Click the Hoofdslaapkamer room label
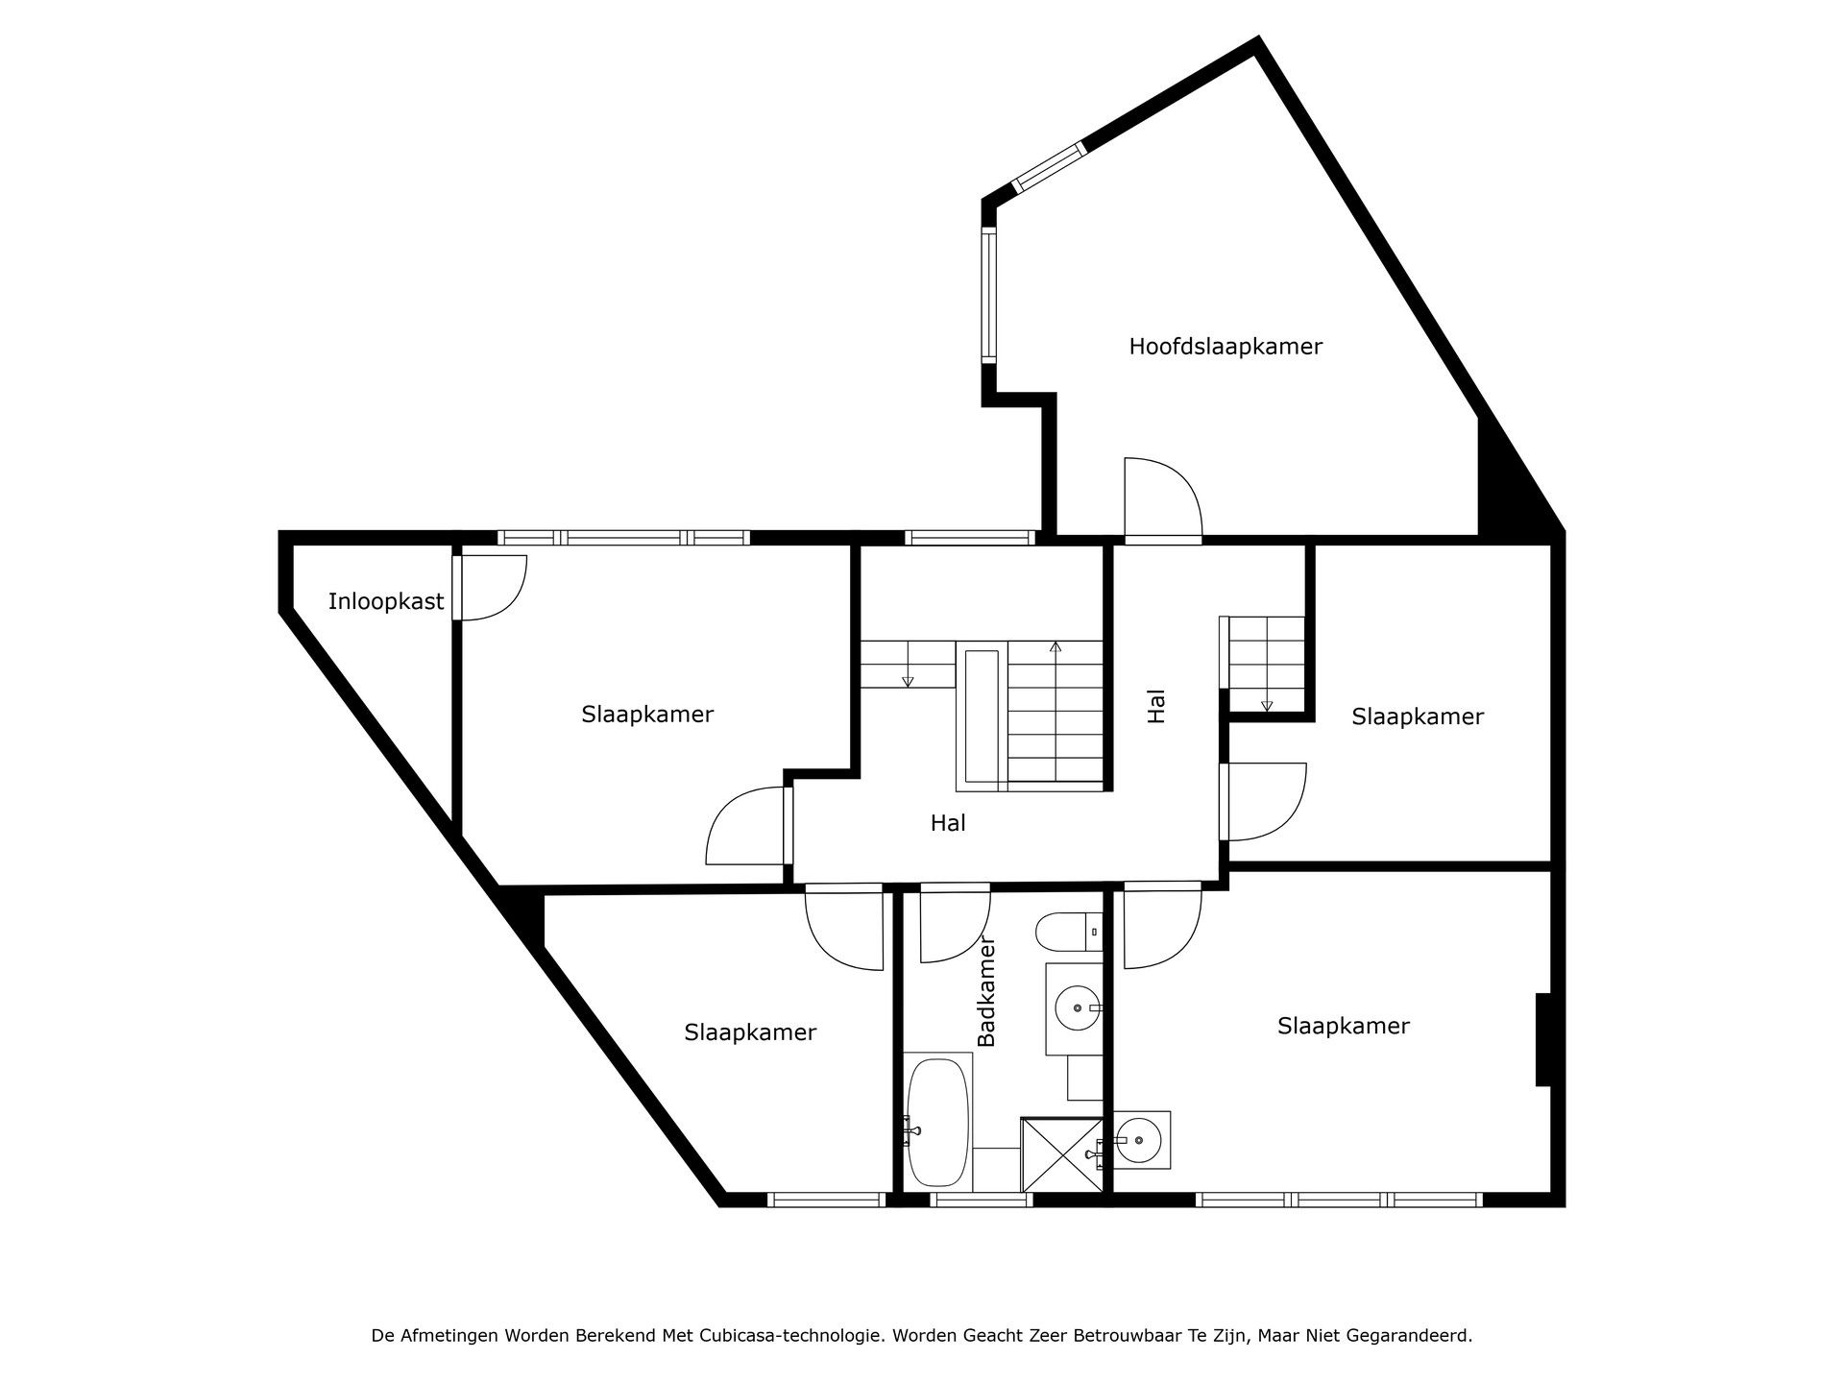[1225, 347]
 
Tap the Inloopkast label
[386, 602]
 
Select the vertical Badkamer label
[986, 991]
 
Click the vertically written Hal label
[1156, 706]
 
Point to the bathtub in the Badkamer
[937, 1122]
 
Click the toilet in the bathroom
[1066, 932]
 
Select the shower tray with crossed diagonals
[1061, 1155]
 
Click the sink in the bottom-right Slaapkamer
[1140, 1140]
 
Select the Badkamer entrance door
[954, 924]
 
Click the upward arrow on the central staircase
[1055, 647]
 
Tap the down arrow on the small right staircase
[1266, 705]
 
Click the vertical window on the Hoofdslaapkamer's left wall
[988, 294]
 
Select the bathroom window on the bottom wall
[981, 1199]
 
